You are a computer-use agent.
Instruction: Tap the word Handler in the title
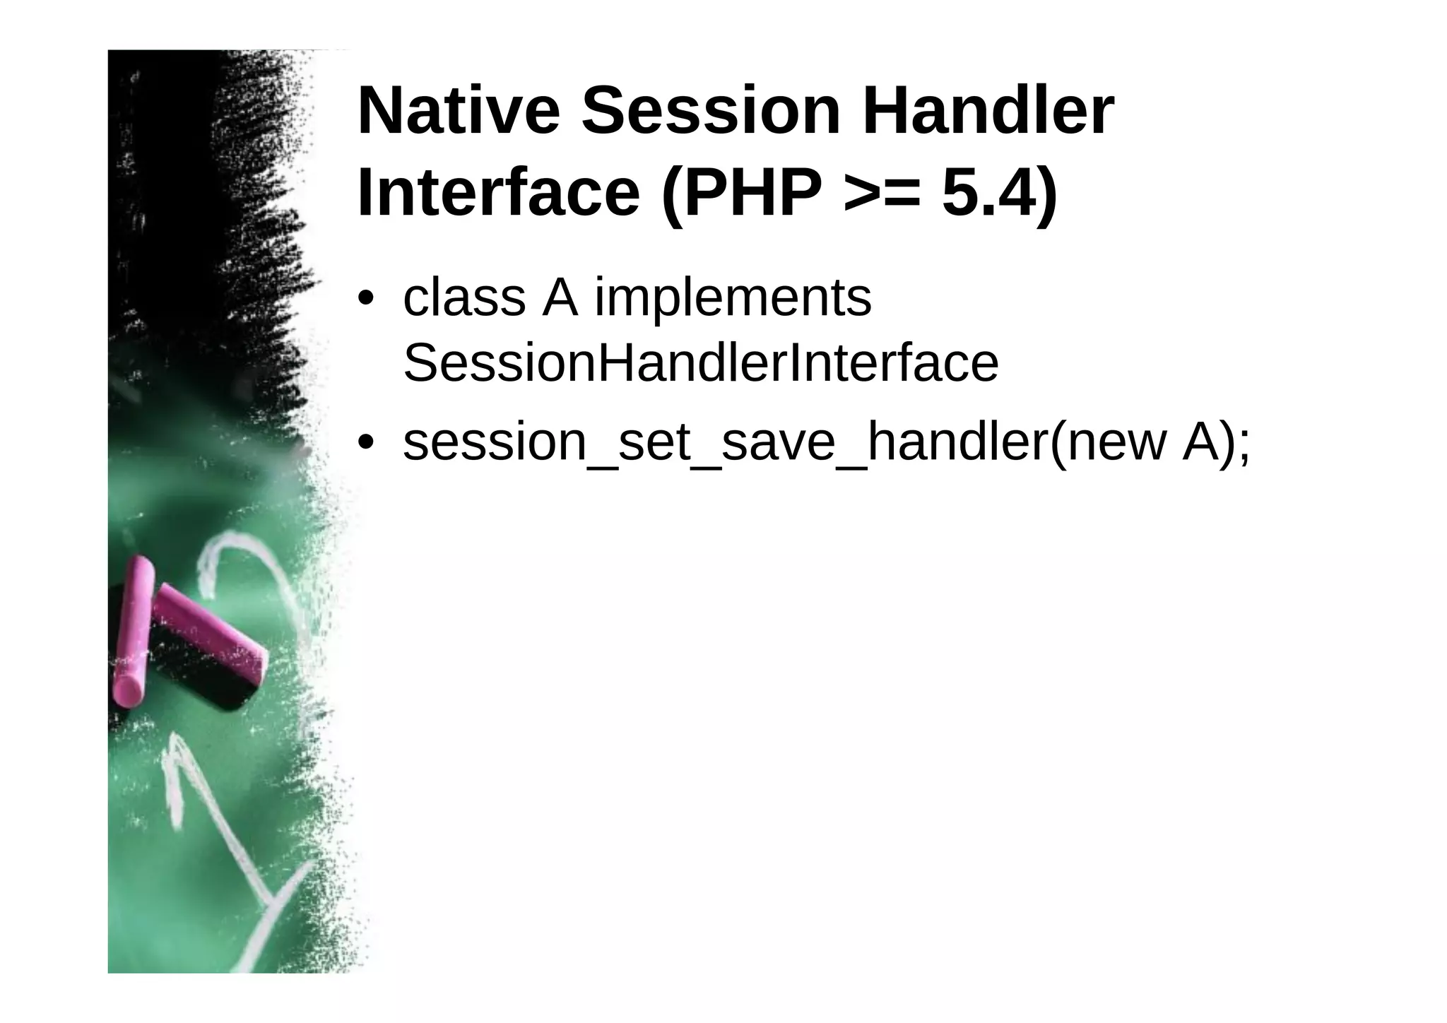pyautogui.click(x=987, y=112)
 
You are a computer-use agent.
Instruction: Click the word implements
pyautogui.click(x=733, y=299)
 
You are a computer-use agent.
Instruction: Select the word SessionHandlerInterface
pyautogui.click(x=700, y=363)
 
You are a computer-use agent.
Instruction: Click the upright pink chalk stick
pyautogui.click(x=134, y=629)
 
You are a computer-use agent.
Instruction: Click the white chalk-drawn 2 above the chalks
pyautogui.click(x=240, y=565)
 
